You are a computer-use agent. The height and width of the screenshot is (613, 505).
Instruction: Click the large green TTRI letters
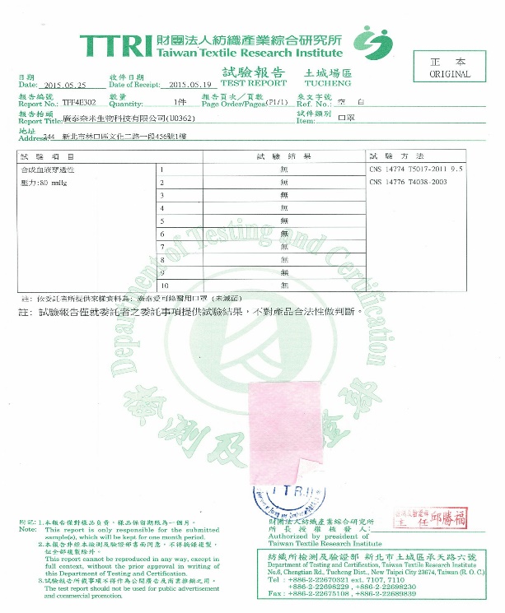[x=115, y=44]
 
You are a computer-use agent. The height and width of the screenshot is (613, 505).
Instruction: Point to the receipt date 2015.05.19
[x=190, y=85]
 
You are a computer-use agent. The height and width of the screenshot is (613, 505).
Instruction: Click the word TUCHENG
[x=328, y=83]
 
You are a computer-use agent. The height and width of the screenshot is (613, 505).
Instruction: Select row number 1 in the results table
[x=161, y=170]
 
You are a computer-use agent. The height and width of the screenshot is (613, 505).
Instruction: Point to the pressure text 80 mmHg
[x=44, y=181]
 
